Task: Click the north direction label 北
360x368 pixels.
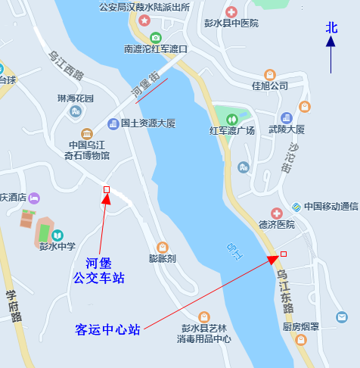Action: tap(331, 27)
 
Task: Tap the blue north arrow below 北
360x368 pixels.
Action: tap(331, 55)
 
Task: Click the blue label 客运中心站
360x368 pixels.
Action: tap(108, 329)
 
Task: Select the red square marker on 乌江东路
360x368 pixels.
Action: tap(284, 254)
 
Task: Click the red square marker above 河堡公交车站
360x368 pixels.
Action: tap(106, 189)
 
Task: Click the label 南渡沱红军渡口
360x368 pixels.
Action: tap(155, 49)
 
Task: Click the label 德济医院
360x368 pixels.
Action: tap(276, 225)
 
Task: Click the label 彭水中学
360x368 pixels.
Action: tap(57, 246)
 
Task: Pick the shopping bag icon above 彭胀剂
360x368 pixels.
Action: tap(162, 247)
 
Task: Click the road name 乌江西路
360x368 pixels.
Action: tap(66, 65)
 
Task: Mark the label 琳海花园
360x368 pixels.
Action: tap(76, 99)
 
